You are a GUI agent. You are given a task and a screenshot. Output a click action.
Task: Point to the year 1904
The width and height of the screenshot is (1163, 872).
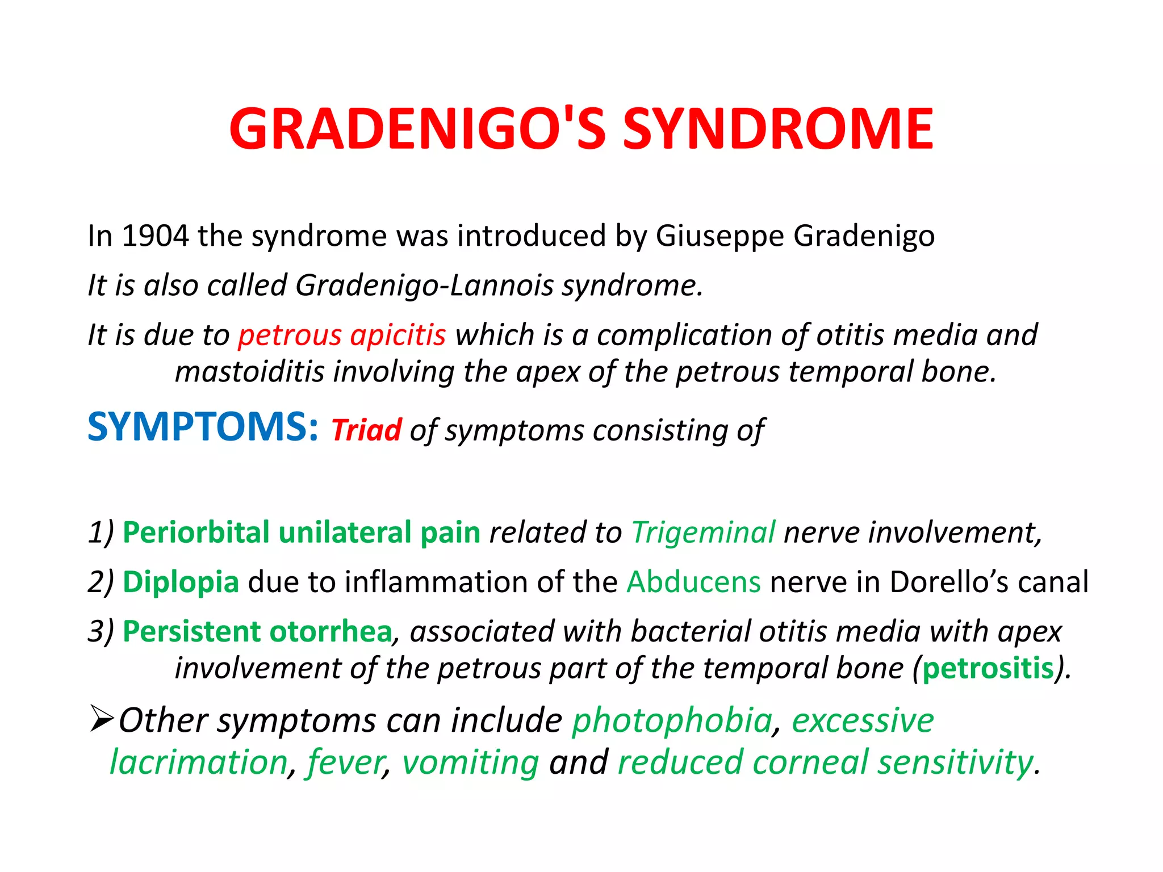(x=154, y=235)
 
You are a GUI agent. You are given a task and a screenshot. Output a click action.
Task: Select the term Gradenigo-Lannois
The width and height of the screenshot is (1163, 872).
(x=424, y=285)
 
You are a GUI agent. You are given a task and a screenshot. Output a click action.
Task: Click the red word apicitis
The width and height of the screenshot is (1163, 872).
(x=398, y=335)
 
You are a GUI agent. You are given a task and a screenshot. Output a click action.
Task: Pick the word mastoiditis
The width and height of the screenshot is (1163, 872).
(x=249, y=372)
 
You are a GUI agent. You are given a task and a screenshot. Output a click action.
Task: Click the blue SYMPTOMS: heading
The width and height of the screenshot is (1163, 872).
(x=203, y=426)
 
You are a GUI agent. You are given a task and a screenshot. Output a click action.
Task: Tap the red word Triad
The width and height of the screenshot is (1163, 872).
(x=366, y=430)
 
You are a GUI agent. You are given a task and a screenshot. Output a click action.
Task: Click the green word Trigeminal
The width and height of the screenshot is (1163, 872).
(x=703, y=533)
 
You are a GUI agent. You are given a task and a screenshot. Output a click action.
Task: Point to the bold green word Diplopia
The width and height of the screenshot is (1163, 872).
(x=181, y=582)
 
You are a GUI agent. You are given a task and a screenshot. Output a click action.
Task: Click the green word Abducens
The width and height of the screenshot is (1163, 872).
(x=693, y=582)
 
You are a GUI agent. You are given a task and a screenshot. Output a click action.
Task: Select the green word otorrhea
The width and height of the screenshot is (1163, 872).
(x=331, y=631)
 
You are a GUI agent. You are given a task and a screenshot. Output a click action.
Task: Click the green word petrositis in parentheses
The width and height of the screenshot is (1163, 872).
(x=988, y=668)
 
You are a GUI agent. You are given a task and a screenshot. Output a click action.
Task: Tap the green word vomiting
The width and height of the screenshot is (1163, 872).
(x=470, y=762)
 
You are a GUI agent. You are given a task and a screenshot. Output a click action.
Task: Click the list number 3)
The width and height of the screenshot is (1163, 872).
(x=101, y=631)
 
